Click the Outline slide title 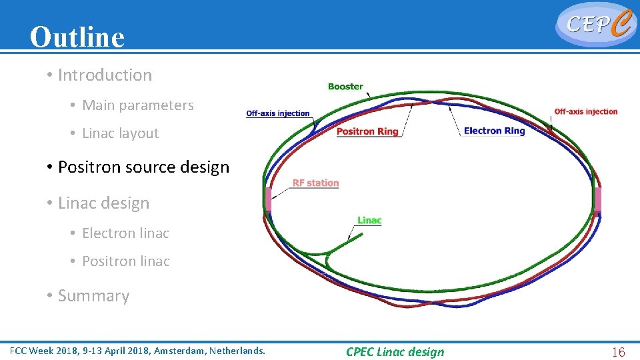pyautogui.click(x=77, y=37)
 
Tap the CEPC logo pyautogui.click(x=595, y=24)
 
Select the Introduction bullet pyautogui.click(x=105, y=75)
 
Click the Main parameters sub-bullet pyautogui.click(x=137, y=105)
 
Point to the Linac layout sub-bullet pyautogui.click(x=120, y=133)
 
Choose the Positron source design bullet pyautogui.click(x=143, y=167)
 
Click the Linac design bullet pyautogui.click(x=103, y=203)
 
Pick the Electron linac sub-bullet pyautogui.click(x=125, y=233)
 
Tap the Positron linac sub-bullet pyautogui.click(x=125, y=261)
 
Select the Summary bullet pyautogui.click(x=93, y=296)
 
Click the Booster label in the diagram pyautogui.click(x=345, y=87)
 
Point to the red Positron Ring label pyautogui.click(x=367, y=131)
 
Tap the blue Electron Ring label pyautogui.click(x=494, y=131)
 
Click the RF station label pyautogui.click(x=315, y=183)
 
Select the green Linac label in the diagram pyautogui.click(x=369, y=221)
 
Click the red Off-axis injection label pyautogui.click(x=586, y=111)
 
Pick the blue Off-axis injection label pyautogui.click(x=278, y=113)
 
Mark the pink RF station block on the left pyautogui.click(x=268, y=199)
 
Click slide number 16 pyautogui.click(x=618, y=352)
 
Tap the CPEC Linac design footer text pyautogui.click(x=395, y=352)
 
